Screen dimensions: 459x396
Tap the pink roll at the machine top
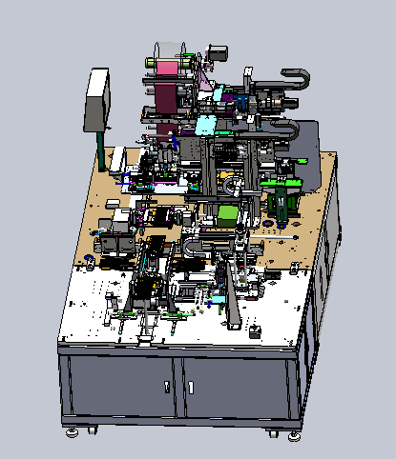(166, 67)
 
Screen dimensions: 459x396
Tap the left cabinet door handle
(167, 387)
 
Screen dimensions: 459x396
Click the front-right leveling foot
(293, 434)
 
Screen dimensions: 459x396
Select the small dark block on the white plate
(255, 332)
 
